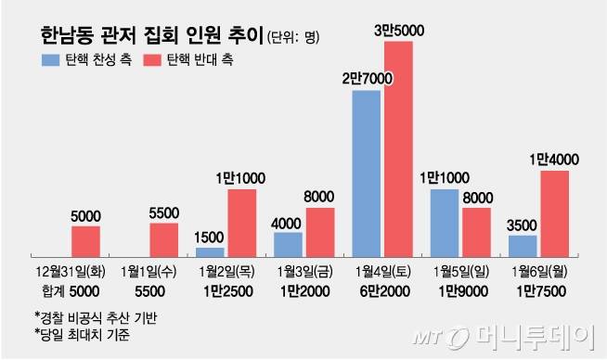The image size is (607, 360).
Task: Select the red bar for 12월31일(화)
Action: coord(85,240)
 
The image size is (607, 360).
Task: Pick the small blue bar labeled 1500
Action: coord(211,251)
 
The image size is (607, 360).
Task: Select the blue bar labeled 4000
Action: coord(289,243)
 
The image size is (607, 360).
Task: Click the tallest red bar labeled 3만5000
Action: coord(398,148)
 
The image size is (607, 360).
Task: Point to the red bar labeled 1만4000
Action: coord(554,212)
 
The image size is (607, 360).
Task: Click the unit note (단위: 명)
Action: coord(292,39)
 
